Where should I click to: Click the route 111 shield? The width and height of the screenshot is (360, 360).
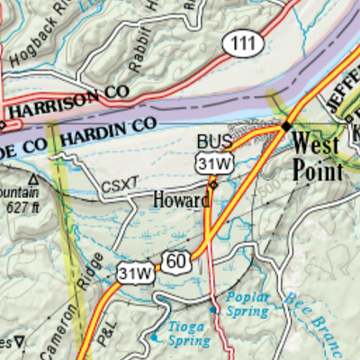click(244, 43)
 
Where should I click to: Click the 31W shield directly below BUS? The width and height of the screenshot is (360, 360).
click(213, 163)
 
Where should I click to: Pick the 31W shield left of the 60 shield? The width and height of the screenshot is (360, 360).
click(135, 272)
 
